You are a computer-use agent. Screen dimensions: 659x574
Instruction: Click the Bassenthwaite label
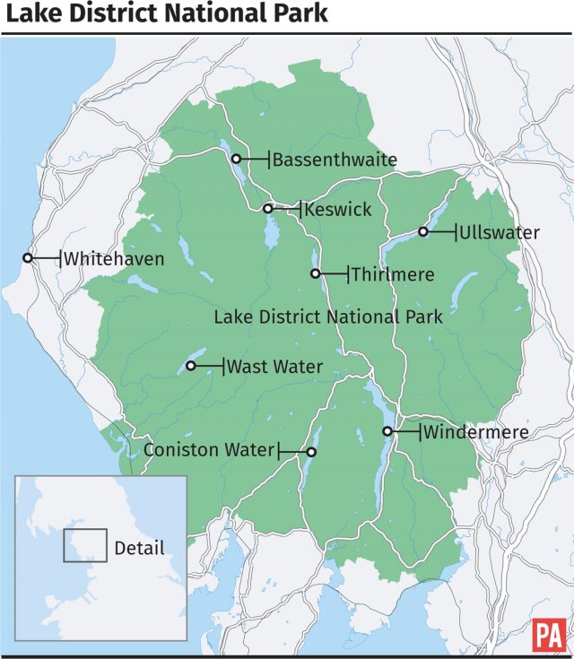tap(334, 160)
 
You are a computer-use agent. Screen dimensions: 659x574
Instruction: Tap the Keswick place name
tap(337, 209)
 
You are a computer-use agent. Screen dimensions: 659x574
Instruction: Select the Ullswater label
tap(500, 233)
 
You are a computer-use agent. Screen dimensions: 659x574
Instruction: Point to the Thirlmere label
tap(392, 274)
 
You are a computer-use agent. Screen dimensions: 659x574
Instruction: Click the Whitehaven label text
tap(114, 259)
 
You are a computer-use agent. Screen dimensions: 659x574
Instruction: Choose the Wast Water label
tap(274, 366)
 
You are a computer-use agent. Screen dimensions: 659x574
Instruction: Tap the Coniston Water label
tap(208, 450)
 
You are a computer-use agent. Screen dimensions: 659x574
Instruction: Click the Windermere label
tap(477, 432)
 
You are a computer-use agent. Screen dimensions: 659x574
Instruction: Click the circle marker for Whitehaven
tap(28, 258)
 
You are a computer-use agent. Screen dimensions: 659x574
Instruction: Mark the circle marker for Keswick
tap(267, 208)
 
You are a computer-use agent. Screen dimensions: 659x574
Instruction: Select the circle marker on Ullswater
tap(423, 232)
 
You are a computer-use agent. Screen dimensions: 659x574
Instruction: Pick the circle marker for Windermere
tap(387, 431)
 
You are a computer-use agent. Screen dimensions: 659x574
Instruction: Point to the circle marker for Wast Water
tap(190, 365)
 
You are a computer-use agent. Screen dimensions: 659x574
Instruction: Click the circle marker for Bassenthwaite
tap(236, 159)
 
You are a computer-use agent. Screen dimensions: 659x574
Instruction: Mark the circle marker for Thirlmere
tap(315, 273)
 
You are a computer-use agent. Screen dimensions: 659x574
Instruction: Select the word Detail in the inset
tap(139, 547)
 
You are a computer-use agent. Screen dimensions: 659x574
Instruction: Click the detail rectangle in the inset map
tap(85, 545)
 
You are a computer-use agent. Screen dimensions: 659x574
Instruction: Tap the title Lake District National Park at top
tap(167, 15)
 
